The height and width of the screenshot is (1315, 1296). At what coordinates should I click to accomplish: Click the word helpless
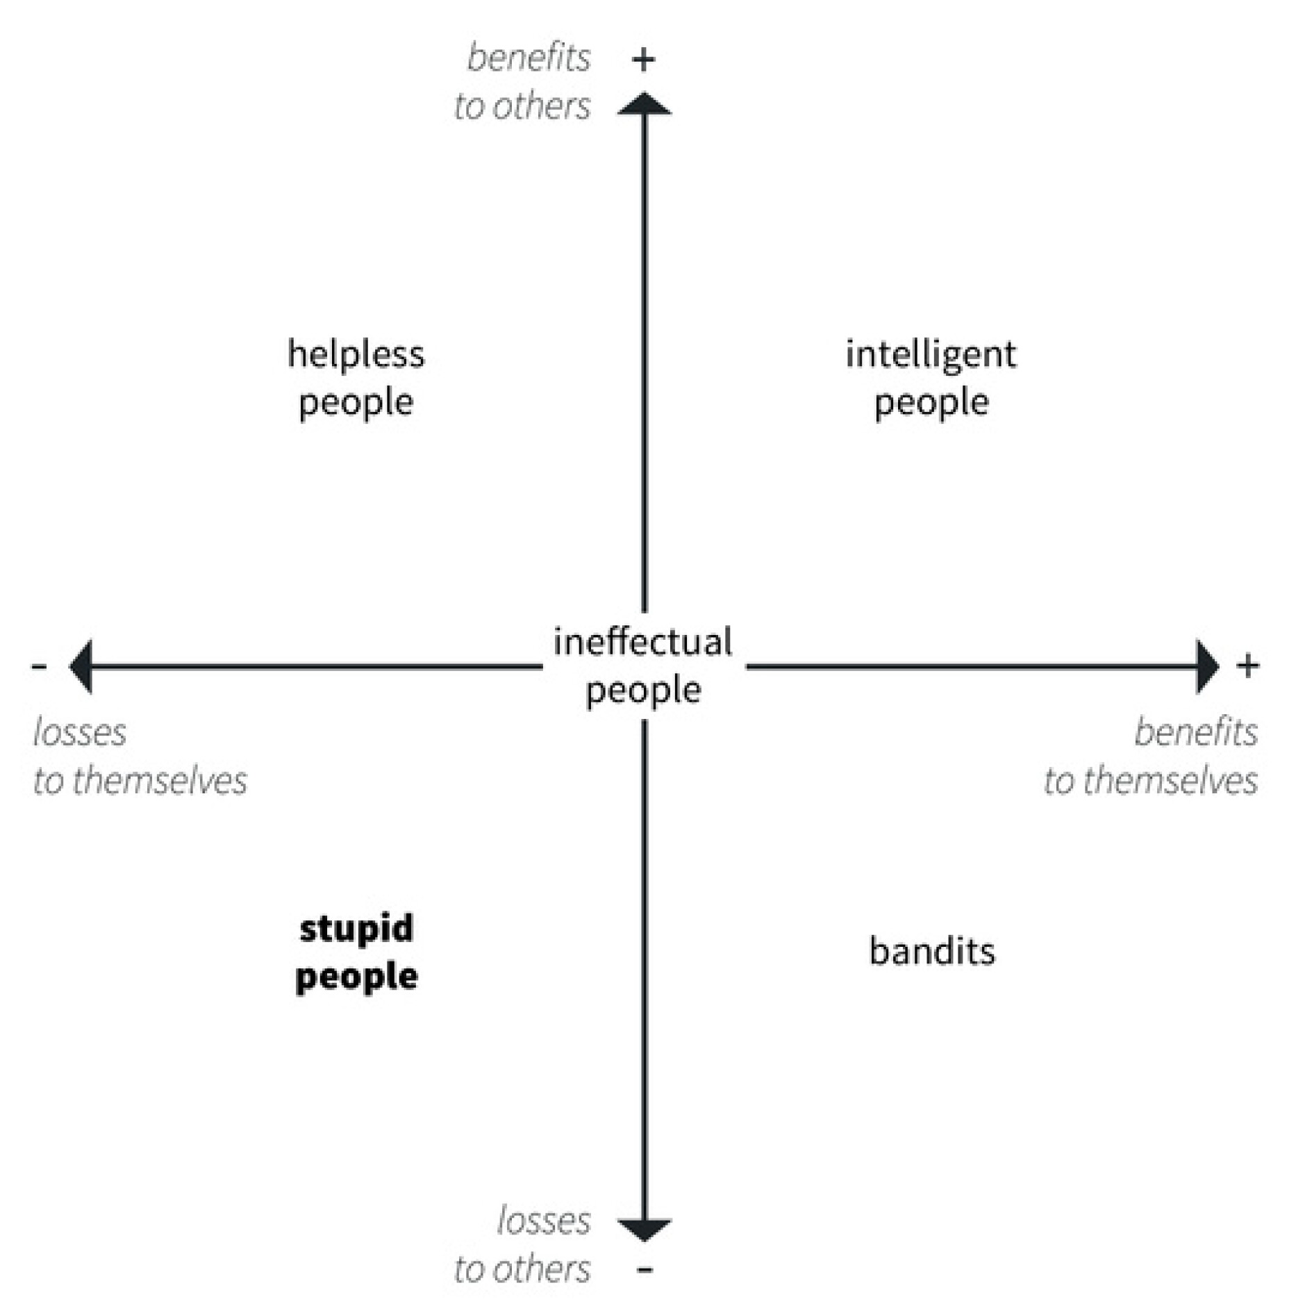356,354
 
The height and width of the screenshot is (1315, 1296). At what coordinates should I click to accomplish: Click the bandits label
931,952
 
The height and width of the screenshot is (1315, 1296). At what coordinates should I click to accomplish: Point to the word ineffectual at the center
642,642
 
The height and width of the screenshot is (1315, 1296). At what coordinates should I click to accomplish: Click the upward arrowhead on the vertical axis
644,104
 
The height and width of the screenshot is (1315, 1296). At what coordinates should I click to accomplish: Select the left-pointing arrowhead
81,666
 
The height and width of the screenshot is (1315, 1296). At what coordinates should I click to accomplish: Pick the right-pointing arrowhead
1207,666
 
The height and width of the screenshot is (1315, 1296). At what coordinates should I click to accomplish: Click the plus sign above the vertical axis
644,60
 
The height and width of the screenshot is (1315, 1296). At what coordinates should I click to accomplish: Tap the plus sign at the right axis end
1247,665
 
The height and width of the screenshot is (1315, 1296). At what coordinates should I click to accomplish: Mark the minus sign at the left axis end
39,667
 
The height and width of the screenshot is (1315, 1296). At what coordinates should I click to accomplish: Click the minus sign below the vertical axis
645,1270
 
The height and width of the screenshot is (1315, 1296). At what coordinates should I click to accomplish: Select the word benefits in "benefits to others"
529,57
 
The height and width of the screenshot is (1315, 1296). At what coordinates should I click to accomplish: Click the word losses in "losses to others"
543,1221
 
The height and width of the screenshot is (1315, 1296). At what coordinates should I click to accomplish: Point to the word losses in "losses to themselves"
80,732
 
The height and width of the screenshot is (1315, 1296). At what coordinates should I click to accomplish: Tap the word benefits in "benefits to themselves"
1195,732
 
